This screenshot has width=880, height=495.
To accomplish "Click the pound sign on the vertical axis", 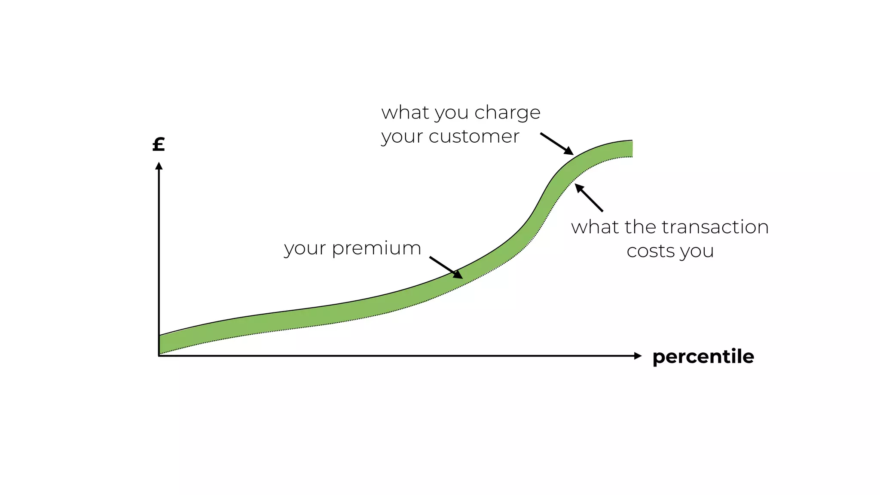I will (159, 144).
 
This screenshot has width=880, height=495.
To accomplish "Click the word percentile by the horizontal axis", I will (703, 357).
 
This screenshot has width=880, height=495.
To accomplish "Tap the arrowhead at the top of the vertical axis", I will (159, 166).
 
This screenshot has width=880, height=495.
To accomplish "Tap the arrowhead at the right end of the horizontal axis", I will (638, 356).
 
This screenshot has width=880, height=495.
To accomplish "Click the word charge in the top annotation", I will (507, 113).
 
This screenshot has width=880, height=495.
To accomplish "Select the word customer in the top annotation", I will (474, 137).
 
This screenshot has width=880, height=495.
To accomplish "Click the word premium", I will (376, 249).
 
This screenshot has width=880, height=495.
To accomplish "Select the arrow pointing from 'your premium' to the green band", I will (446, 268).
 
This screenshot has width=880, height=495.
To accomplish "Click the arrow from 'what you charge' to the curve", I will (556, 144).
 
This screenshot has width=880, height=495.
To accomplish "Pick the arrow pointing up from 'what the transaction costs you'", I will (589, 198).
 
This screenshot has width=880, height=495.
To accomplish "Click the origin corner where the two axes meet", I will (159, 356).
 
